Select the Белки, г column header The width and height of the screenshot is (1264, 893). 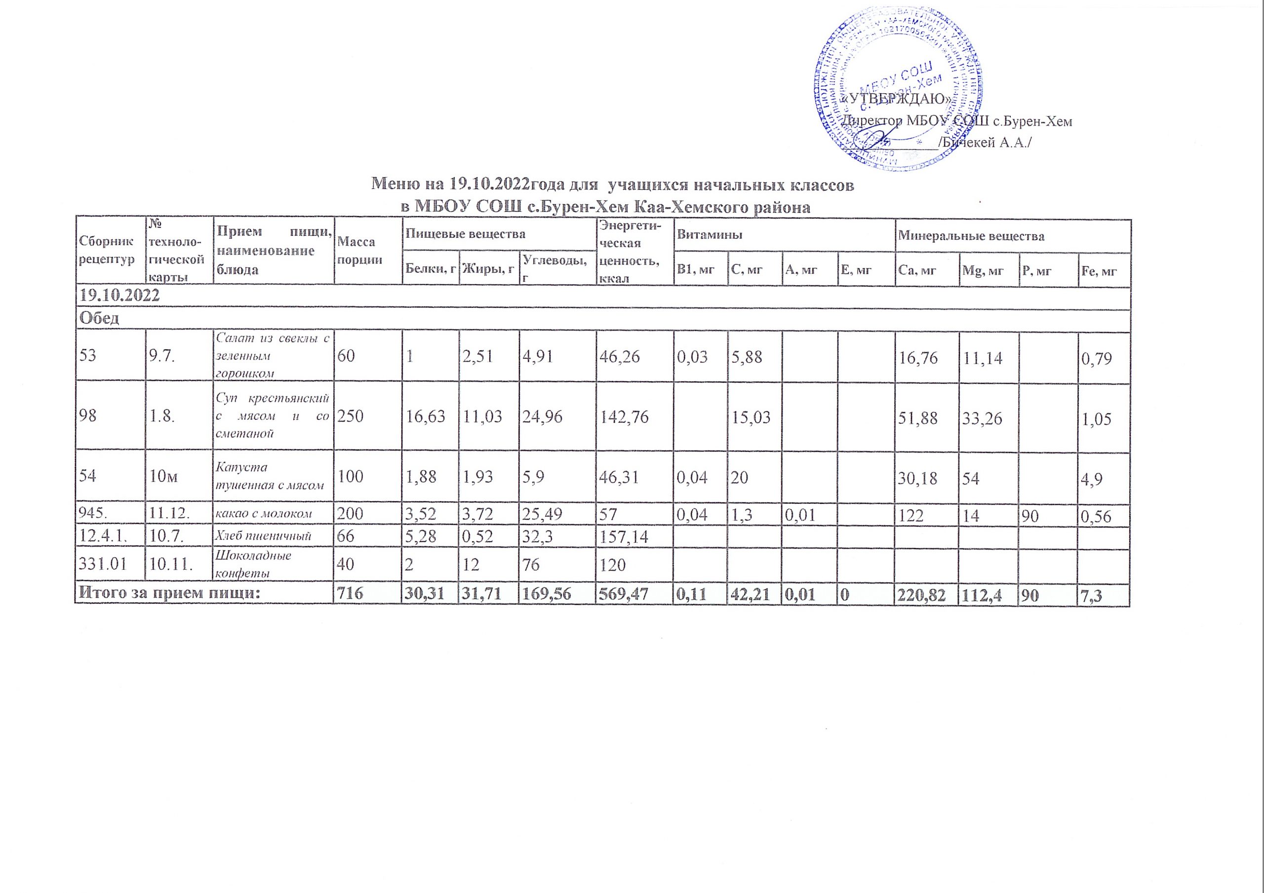pos(431,269)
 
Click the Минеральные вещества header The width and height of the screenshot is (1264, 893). pos(971,237)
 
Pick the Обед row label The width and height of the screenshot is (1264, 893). pos(100,318)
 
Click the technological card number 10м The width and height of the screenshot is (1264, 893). pos(163,476)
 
